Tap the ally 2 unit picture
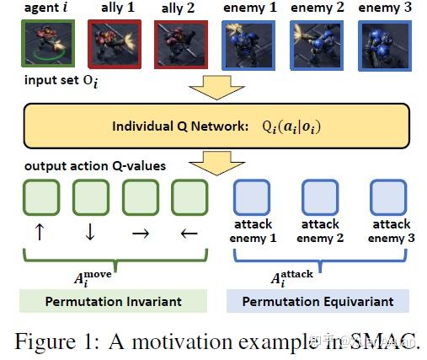pos(179,46)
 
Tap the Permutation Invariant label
pos(113,301)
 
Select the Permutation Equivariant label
pos(318,301)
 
